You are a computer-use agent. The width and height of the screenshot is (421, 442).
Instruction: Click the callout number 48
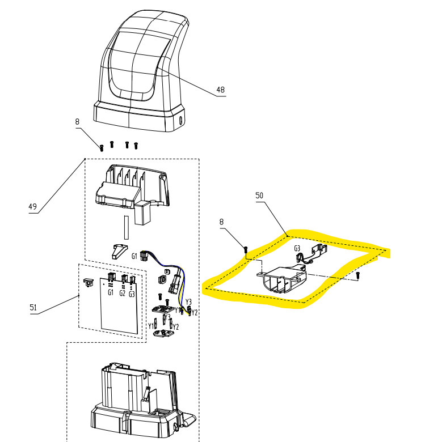pos(220,90)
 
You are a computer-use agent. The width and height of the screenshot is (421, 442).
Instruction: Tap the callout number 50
pos(259,195)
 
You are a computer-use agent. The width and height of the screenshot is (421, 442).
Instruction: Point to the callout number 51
pos(33,308)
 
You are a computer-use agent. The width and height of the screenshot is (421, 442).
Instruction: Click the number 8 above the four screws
pos(77,122)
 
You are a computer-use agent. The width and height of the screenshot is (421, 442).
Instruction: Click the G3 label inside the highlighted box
pos(297,249)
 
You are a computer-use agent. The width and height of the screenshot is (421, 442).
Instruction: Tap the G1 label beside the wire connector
pos(135,256)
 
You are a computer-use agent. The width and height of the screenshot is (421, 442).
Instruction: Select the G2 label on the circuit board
pos(123,293)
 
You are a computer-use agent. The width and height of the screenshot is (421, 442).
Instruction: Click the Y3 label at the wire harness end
pos(188,301)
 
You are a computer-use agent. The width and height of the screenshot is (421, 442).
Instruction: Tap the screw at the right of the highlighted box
pos(359,276)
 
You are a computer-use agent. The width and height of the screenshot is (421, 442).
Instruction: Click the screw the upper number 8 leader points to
pos(102,147)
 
